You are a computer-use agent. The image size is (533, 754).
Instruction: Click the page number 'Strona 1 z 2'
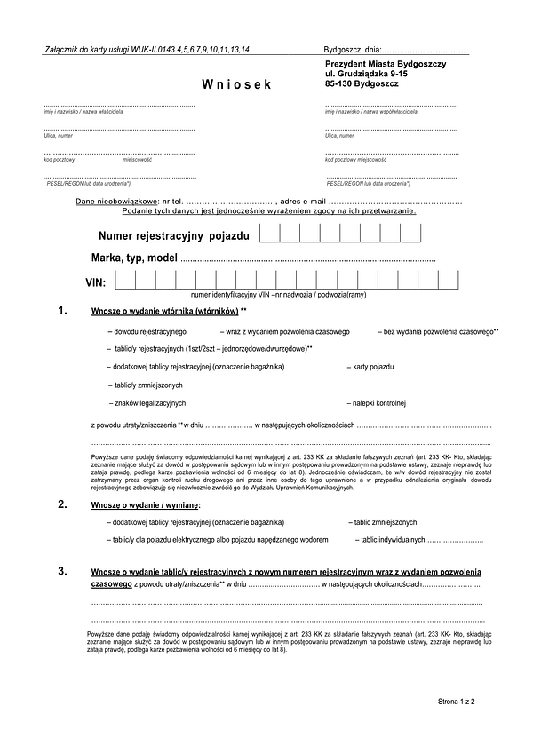coord(457,702)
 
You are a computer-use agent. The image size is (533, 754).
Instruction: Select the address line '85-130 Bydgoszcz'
coord(362,83)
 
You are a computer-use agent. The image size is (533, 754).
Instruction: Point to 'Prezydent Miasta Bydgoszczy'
coord(386,64)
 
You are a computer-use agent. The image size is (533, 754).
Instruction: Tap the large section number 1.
coord(61,311)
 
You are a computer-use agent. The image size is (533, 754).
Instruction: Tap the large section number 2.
coord(61,504)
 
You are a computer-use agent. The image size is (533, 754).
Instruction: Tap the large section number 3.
coord(61,570)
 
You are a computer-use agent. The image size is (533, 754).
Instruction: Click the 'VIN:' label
coord(95,282)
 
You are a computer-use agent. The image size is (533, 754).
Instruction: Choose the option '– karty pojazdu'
coord(370,366)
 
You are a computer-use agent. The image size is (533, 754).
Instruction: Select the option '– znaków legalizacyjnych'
coord(147,403)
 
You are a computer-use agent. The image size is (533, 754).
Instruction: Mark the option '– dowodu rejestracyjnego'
coord(146,330)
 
